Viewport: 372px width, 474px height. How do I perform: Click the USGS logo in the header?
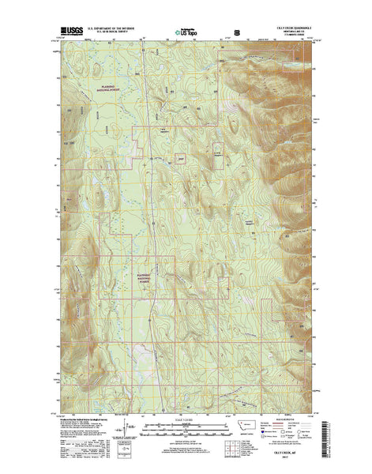70,35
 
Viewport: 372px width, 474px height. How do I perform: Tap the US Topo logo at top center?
188,35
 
